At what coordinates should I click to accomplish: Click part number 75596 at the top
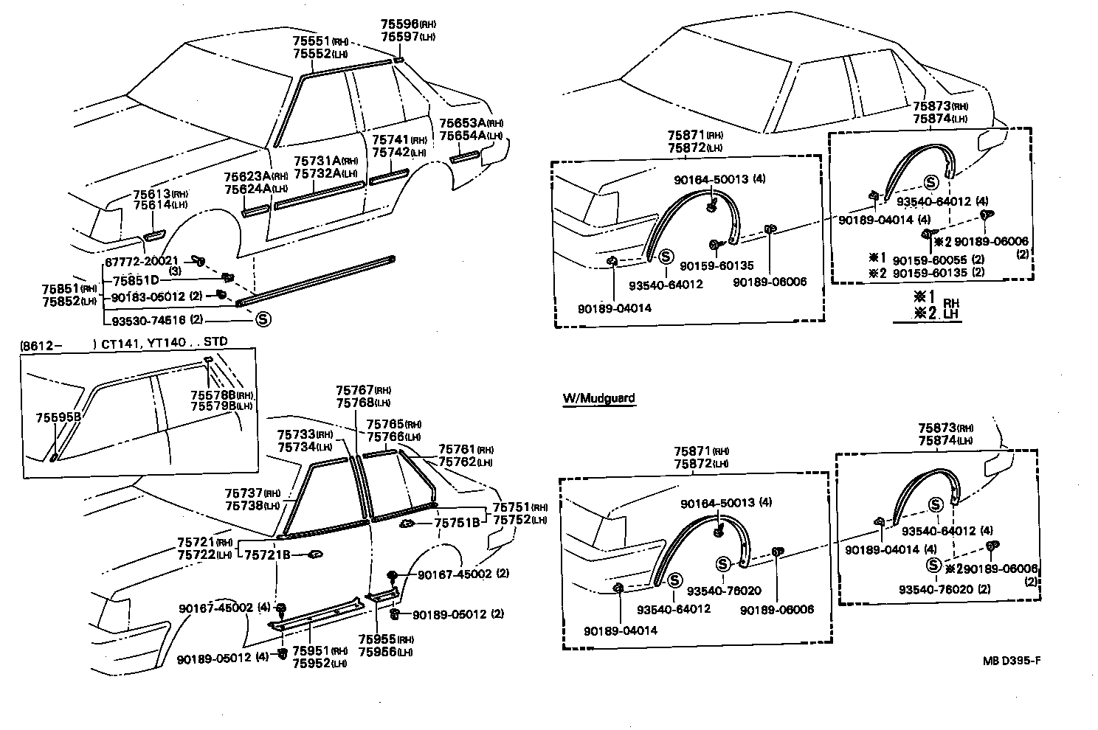coord(398,24)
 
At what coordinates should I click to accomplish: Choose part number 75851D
coord(136,280)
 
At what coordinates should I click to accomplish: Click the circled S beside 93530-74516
coord(263,320)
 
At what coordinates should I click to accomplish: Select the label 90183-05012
coord(145,297)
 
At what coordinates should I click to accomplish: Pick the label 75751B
coord(457,523)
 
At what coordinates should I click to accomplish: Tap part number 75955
coord(376,640)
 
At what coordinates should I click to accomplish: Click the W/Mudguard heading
coord(598,398)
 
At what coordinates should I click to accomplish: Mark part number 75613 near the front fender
coord(151,194)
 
